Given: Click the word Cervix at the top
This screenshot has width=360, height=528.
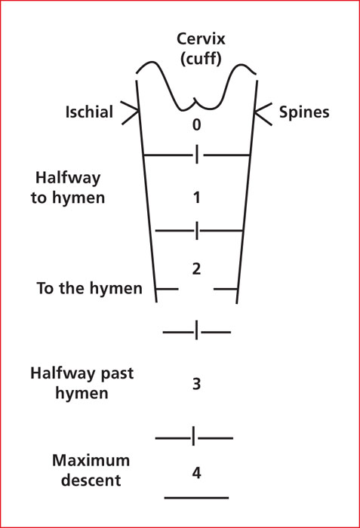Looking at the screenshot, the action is click(201, 39).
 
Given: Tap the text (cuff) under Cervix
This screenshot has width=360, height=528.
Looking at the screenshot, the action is click(201, 59).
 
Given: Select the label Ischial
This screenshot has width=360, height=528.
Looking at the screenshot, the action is click(89, 112).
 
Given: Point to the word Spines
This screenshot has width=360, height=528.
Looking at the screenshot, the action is click(304, 113).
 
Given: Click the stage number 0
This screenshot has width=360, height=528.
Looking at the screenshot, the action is click(196, 124).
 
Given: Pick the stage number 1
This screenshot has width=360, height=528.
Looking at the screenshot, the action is click(197, 198).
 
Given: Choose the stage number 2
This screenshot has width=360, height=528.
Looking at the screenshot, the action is click(196, 269).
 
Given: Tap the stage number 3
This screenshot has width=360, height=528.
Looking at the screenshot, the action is click(196, 384).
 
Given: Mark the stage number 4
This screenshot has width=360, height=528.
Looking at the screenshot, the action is click(196, 473).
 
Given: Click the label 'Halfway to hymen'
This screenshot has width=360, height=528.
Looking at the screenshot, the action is click(68, 188).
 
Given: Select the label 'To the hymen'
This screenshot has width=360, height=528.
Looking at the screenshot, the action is click(89, 288).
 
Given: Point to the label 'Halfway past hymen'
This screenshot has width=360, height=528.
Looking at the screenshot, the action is click(82, 383).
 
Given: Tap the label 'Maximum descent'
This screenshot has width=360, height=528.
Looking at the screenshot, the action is click(91, 471).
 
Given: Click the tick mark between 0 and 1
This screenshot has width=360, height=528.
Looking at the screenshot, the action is click(197, 155).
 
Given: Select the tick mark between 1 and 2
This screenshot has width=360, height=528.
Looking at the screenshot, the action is click(197, 231).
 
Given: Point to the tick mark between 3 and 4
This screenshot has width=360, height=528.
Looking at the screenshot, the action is click(193, 436).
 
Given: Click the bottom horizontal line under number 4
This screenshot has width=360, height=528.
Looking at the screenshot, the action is click(196, 497).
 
